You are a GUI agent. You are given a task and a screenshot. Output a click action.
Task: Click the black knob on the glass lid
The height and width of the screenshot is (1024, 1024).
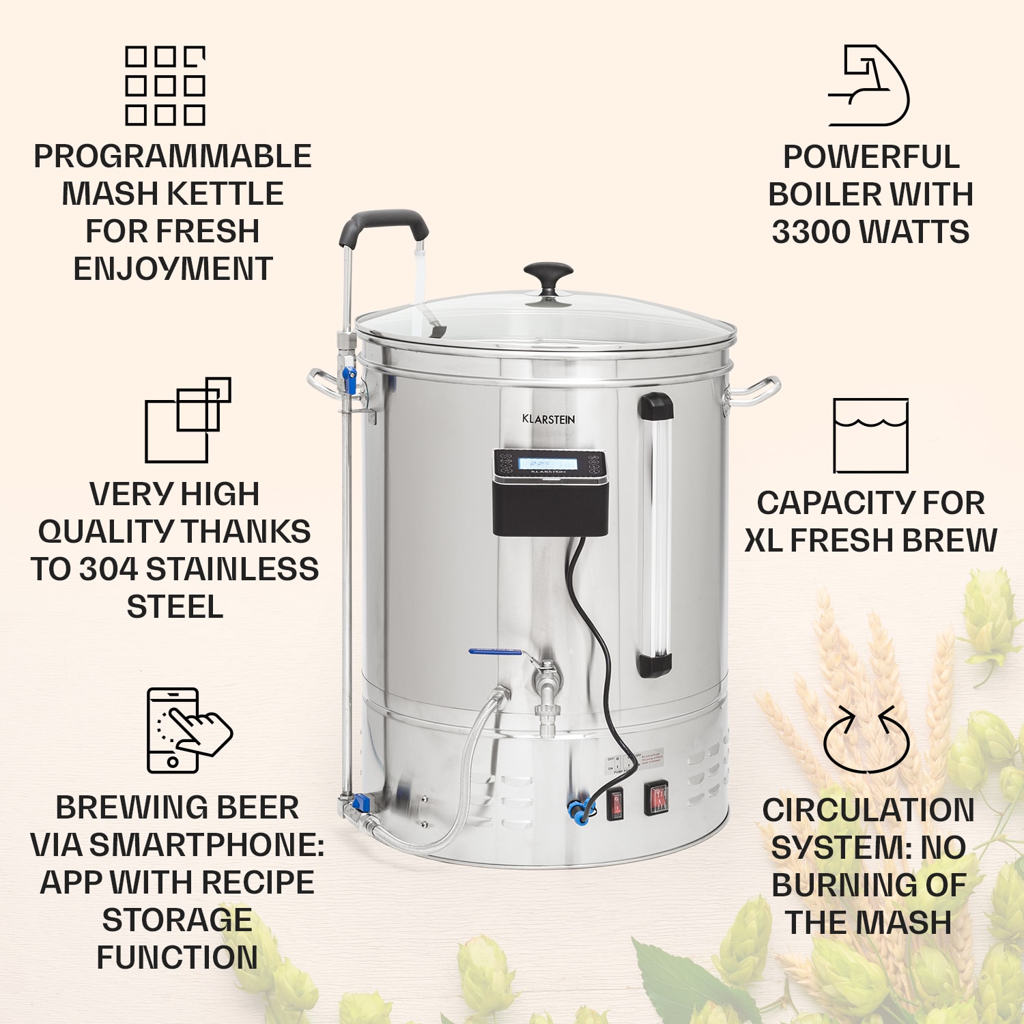548,274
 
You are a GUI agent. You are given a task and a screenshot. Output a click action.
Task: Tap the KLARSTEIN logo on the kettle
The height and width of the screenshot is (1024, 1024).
548,419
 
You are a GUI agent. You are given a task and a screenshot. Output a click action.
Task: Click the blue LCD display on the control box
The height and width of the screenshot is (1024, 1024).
547,464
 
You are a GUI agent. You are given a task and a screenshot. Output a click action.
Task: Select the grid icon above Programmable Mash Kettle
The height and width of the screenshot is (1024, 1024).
165,86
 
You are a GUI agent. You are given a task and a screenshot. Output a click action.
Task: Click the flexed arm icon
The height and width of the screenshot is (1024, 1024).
869,86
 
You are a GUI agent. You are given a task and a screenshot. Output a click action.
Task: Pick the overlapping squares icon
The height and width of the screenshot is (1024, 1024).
188,420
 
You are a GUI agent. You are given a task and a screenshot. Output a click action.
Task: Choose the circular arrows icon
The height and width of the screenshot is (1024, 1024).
867,740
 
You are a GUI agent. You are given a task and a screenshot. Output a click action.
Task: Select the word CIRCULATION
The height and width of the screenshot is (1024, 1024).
868,810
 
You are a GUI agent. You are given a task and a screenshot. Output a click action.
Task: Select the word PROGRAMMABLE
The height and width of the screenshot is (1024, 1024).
173,156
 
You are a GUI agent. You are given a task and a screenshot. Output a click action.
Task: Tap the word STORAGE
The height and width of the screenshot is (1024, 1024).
177,920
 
